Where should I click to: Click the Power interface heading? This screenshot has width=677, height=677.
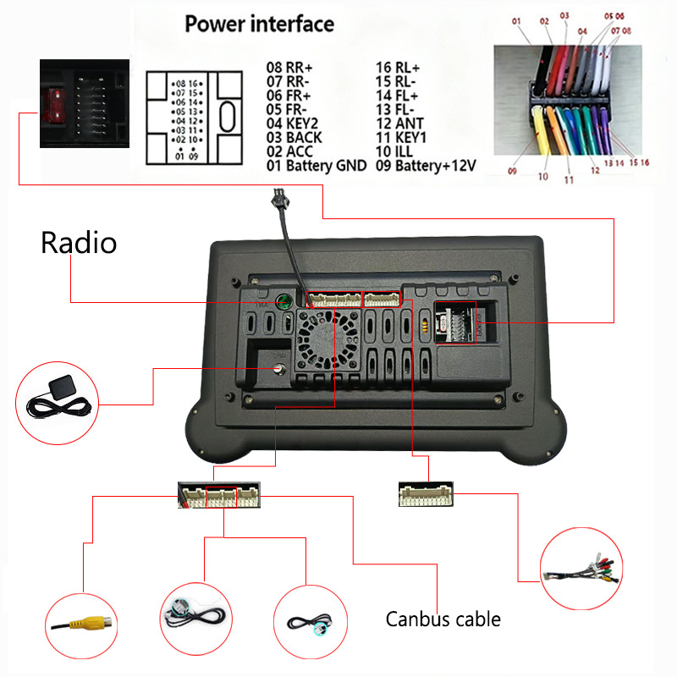point(260,24)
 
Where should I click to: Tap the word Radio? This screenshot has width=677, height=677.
point(79,244)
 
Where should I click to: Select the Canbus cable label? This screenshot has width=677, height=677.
point(443,619)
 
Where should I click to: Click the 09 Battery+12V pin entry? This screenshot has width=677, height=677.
point(427,166)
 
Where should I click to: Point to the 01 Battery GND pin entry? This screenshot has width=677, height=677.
point(316,166)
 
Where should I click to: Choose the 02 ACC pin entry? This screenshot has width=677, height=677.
point(289,151)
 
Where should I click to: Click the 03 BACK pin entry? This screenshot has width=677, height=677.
point(294,136)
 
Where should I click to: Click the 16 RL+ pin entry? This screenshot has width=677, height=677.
point(398,67)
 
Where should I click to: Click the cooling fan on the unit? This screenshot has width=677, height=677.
point(323,336)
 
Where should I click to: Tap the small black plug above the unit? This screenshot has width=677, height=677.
point(278,201)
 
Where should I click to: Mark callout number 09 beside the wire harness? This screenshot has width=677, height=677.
point(512,172)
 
